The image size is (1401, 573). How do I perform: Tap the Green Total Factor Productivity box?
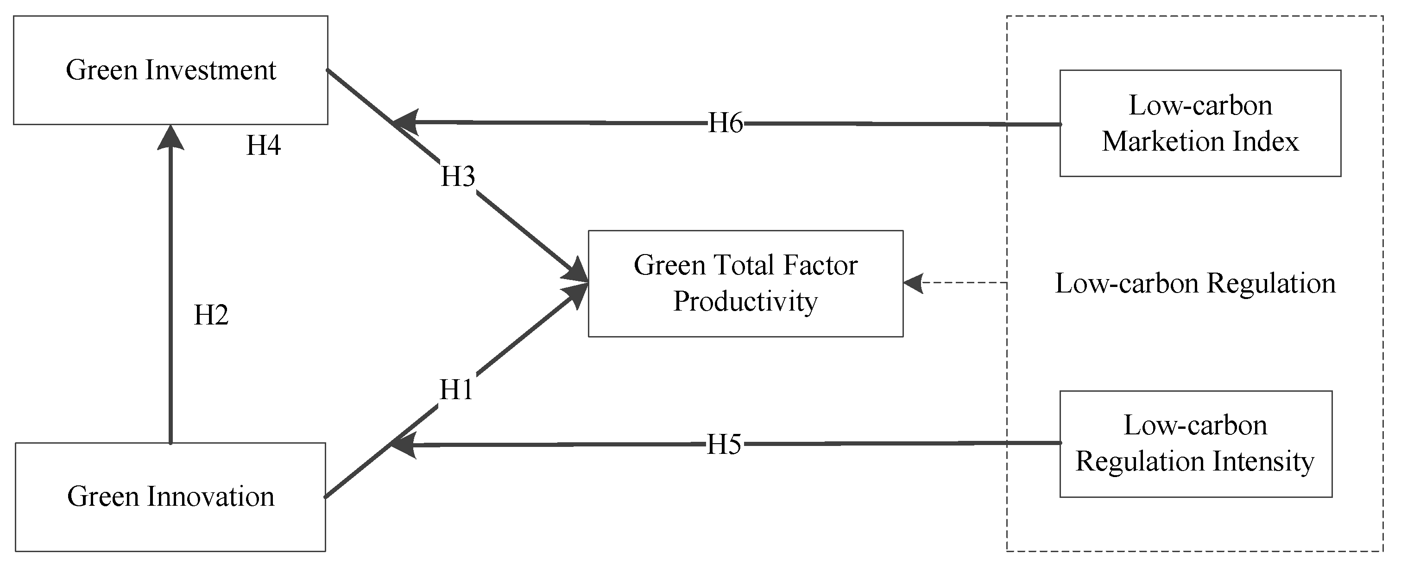745,284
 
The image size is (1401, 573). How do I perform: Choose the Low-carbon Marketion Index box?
1200,123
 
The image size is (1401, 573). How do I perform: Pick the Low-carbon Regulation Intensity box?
1196,444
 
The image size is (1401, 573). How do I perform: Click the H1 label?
456,389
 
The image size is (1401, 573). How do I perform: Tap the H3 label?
458,176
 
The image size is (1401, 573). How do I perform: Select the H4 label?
264,145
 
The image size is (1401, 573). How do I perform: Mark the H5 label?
724,445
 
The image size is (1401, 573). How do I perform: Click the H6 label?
726,123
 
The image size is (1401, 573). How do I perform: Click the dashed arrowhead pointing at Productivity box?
914,282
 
